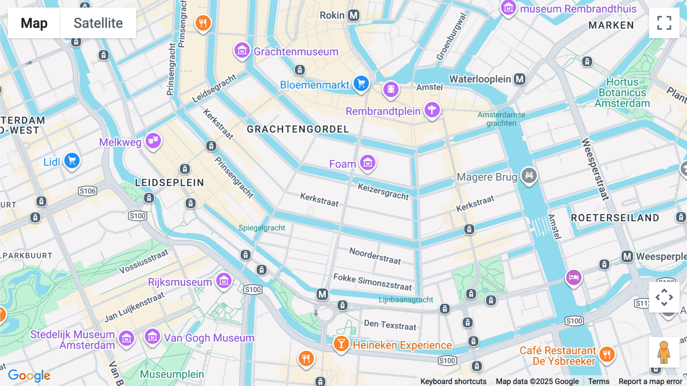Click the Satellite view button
tap(98, 23)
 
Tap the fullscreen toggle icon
tap(664, 23)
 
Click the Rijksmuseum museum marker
tap(224, 281)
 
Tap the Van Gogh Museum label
tap(209, 338)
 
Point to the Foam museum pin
tap(368, 163)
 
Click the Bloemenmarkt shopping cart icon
tap(361, 83)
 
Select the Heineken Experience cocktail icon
tap(341, 344)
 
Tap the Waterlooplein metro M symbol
tap(519, 79)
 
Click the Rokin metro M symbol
tap(354, 15)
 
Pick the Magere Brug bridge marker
tap(529, 175)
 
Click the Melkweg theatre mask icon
tap(153, 141)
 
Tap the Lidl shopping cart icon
tap(72, 161)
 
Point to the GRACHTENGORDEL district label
tap(298, 129)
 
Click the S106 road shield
tap(87, 191)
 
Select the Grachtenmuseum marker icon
tap(242, 50)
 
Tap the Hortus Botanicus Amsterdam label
tap(622, 93)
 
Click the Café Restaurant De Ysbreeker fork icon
tap(606, 354)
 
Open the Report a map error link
tap(650, 381)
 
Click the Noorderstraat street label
tap(375, 256)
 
